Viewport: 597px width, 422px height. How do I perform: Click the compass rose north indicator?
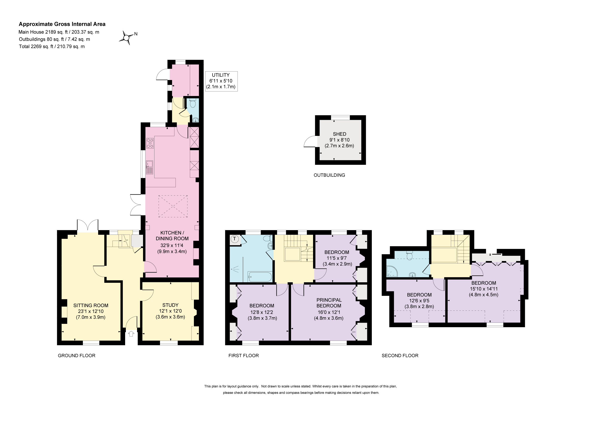click(x=127, y=38)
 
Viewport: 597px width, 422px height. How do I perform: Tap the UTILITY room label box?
click(x=221, y=81)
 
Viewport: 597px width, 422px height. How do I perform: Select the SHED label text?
click(x=340, y=134)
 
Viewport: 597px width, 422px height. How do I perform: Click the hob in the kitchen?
click(x=150, y=143)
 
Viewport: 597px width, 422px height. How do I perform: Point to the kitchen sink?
click(x=149, y=167)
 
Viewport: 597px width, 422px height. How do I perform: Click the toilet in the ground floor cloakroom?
click(x=193, y=103)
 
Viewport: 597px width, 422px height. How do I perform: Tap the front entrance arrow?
click(x=131, y=334)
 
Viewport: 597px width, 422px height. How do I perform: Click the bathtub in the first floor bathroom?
click(x=260, y=277)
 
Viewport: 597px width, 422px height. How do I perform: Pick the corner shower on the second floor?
click(x=392, y=271)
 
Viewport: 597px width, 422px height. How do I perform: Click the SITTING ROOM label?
click(x=91, y=305)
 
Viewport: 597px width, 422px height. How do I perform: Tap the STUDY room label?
click(x=170, y=305)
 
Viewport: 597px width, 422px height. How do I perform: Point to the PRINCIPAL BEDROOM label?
click(x=329, y=303)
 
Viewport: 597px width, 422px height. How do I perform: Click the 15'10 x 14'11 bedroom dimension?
click(x=484, y=288)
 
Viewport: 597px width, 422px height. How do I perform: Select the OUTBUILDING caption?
click(x=329, y=175)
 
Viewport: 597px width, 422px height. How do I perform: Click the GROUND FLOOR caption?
click(x=77, y=355)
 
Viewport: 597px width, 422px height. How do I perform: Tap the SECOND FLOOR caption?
click(x=400, y=355)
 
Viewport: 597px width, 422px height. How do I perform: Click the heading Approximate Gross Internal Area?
click(x=62, y=24)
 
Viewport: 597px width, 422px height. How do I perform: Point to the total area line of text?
click(x=52, y=47)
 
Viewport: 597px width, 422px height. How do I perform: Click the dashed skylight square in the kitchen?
click(x=173, y=206)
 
